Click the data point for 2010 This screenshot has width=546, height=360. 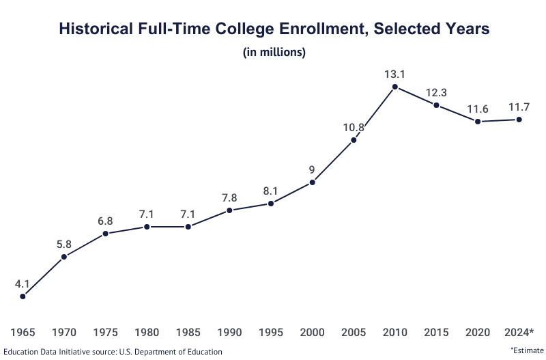(x=395, y=87)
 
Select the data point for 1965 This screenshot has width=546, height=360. (x=23, y=296)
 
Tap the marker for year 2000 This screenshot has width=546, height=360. (x=313, y=182)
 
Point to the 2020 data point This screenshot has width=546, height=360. (x=478, y=122)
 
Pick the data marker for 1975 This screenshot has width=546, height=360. (x=105, y=234)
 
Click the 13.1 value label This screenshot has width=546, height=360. (x=395, y=73)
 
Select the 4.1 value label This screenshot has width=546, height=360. (x=23, y=283)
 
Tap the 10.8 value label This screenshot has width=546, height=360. (x=354, y=127)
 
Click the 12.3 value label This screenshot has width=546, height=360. (x=437, y=92)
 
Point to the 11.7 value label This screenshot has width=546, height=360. (x=519, y=107)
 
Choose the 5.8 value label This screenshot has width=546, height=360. (x=64, y=243)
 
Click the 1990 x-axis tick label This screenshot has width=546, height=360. (x=229, y=333)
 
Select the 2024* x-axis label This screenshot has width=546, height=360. (x=519, y=333)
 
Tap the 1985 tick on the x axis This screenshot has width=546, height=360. (x=188, y=333)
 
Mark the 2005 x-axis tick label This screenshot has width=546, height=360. (x=354, y=333)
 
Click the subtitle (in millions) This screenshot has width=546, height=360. (x=274, y=53)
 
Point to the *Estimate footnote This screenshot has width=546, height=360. (x=527, y=350)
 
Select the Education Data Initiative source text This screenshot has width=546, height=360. (x=113, y=352)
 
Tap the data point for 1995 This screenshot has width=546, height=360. (x=271, y=204)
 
